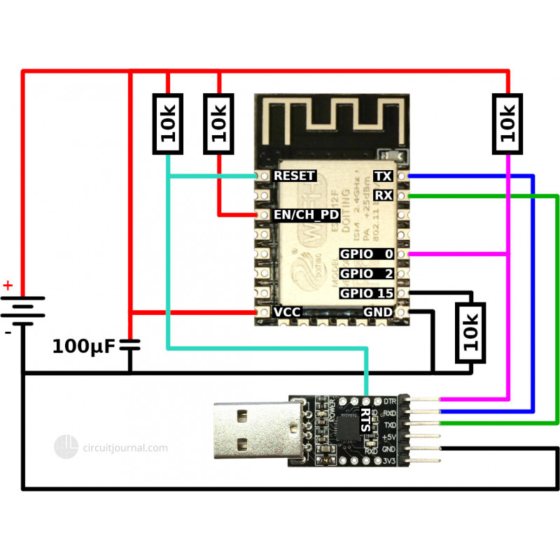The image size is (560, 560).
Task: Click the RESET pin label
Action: (x=294, y=176)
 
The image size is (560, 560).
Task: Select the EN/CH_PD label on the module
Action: (x=307, y=215)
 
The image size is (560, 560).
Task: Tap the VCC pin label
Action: (x=288, y=312)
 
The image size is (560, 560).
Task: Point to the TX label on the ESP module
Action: (x=383, y=176)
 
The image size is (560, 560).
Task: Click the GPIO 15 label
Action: (x=366, y=293)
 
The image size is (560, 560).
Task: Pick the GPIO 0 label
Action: (x=366, y=253)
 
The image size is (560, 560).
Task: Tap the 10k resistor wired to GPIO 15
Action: (x=470, y=333)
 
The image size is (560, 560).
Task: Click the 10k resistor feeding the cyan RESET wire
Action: (x=167, y=124)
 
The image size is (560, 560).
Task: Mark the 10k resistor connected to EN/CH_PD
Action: (x=219, y=124)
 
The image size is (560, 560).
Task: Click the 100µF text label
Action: (x=82, y=346)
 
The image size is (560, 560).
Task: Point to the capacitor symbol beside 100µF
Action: (x=130, y=344)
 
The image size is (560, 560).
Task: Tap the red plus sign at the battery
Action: (x=8, y=286)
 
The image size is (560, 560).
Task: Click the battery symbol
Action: (x=22, y=311)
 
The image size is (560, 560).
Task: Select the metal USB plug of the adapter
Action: (x=249, y=433)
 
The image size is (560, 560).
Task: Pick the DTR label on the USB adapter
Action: (x=391, y=401)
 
